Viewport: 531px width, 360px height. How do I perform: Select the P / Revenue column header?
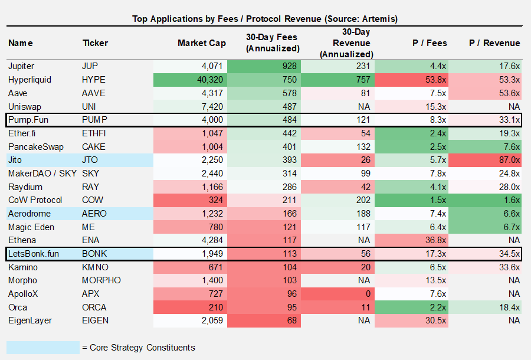[x=494, y=43]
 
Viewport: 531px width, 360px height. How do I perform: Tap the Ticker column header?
[x=95, y=43]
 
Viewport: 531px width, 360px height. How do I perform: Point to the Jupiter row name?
[x=22, y=66]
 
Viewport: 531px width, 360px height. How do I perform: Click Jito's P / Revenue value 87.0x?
[x=508, y=160]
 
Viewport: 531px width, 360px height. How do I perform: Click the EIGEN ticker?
[x=95, y=320]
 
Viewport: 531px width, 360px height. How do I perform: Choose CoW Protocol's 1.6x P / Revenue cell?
[x=510, y=200]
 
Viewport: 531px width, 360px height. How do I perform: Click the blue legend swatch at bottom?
[x=42, y=347]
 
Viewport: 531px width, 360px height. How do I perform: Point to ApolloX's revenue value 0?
[x=367, y=294]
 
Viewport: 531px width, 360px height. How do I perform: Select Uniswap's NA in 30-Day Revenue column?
[x=364, y=106]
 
